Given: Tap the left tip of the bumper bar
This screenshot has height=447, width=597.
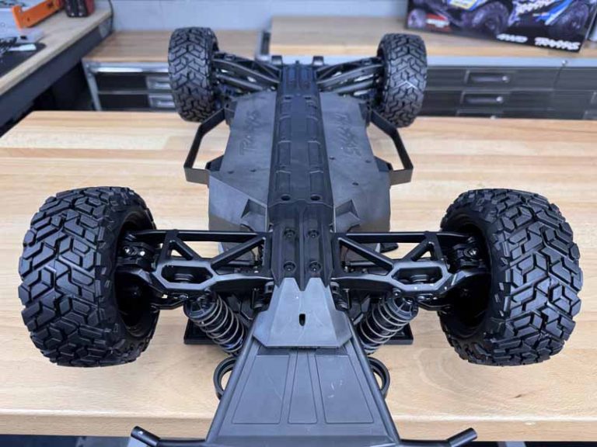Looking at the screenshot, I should (140, 435).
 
